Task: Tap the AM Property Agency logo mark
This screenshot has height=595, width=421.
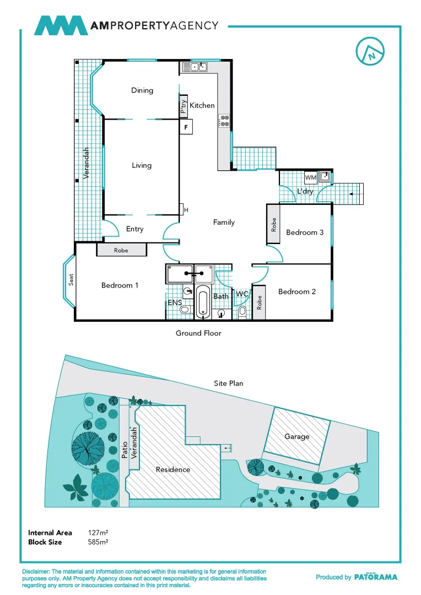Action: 61,26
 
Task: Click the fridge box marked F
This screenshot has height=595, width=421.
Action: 186,127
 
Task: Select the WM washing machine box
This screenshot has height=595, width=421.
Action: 310,178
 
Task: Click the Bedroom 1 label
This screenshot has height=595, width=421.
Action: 120,285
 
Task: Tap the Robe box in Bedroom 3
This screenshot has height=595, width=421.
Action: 274,225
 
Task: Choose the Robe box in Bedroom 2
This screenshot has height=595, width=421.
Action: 260,302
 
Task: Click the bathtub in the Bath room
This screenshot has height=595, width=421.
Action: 203,302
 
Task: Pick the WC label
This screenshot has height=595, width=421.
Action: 242,295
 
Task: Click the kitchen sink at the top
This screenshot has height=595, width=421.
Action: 195,67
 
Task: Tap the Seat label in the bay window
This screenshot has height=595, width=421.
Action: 71,280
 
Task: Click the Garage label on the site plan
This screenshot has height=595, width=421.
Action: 296,436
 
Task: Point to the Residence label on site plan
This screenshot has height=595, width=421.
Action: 172,469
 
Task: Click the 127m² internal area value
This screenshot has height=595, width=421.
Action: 98,533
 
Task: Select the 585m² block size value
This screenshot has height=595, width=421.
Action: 98,542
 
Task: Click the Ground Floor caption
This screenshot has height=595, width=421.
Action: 198,333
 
